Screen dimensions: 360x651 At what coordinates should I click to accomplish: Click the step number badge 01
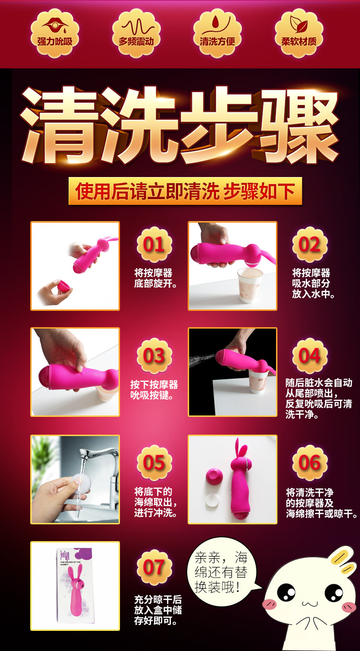154,244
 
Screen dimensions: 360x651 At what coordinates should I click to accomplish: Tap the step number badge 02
310,244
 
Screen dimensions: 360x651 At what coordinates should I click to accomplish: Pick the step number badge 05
154,462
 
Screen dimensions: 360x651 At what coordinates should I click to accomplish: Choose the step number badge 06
310,462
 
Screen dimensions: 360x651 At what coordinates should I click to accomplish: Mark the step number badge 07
154,568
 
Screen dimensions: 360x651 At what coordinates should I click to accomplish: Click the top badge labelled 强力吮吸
55,33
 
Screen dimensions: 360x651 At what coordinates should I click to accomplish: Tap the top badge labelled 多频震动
136,33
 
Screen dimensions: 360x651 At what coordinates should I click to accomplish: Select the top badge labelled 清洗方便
217,33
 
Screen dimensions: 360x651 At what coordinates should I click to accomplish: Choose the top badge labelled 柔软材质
299,33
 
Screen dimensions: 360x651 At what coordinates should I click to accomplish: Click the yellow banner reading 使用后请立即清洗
185,191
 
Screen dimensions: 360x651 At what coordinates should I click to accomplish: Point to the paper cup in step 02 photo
250,285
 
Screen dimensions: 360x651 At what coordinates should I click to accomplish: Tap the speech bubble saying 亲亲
222,569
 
